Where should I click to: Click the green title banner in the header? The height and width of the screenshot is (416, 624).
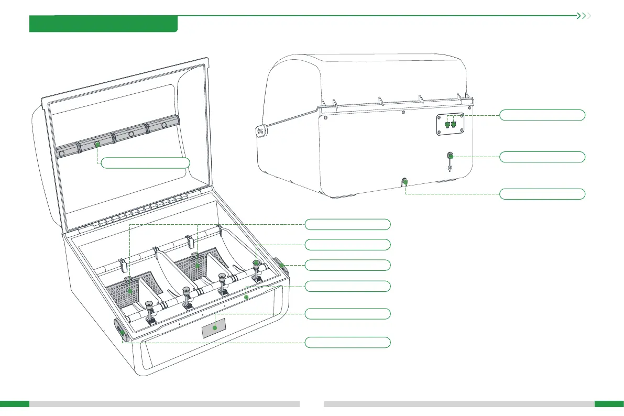(x=103, y=24)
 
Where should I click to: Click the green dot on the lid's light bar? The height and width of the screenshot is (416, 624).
(x=97, y=144)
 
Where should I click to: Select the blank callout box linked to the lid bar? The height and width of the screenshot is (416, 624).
(x=145, y=162)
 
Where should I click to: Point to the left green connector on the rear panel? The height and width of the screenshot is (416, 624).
(x=447, y=125)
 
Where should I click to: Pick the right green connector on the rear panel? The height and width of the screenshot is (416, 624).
(x=454, y=125)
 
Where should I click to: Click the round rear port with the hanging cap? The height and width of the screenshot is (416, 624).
(x=450, y=156)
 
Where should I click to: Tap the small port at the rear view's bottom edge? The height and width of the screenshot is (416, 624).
(x=404, y=182)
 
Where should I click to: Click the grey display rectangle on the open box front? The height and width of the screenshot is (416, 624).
(x=214, y=328)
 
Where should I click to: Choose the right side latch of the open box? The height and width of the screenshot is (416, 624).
(x=281, y=265)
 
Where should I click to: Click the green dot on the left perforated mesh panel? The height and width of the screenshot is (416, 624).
(x=129, y=290)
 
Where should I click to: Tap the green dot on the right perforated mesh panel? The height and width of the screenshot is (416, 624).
(x=198, y=266)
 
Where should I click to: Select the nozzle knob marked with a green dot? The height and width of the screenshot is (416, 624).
(x=256, y=263)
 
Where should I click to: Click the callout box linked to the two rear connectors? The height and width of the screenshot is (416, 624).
(x=542, y=115)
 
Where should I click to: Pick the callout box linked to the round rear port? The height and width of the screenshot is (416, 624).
(x=542, y=157)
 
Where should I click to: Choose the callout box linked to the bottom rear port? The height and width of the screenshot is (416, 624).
(x=542, y=194)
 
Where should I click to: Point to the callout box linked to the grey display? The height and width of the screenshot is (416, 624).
(x=348, y=314)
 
